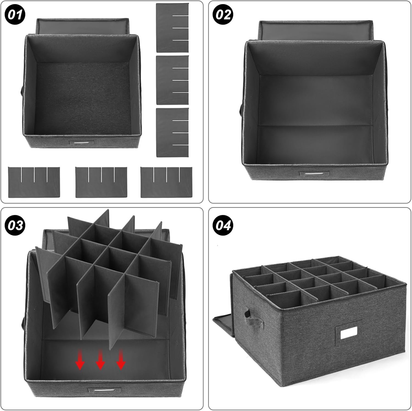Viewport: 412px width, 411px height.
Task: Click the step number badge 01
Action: pyautogui.click(x=15, y=14)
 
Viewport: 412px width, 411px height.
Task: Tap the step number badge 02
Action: pyautogui.click(x=223, y=14)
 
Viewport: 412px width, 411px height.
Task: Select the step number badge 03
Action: pyautogui.click(x=15, y=225)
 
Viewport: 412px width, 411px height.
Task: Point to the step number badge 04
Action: pyautogui.click(x=223, y=225)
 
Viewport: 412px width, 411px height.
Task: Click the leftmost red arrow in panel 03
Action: pyautogui.click(x=80, y=360)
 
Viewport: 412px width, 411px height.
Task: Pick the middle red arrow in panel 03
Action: pyautogui.click(x=100, y=360)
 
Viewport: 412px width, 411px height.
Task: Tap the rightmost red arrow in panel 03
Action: pyautogui.click(x=121, y=360)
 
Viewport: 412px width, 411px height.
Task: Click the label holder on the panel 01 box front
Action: pyautogui.click(x=81, y=143)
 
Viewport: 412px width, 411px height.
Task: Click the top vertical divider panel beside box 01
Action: pyautogui.click(x=172, y=28)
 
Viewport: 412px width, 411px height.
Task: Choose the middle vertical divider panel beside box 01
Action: pyautogui.click(x=172, y=80)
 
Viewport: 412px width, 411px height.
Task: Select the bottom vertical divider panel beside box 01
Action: pyautogui.click(x=172, y=133)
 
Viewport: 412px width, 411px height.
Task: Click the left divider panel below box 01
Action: pyautogui.click(x=34, y=182)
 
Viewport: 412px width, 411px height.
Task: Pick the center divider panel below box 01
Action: pyautogui.click(x=101, y=182)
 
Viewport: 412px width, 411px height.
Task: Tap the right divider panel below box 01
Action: pyautogui.click(x=166, y=182)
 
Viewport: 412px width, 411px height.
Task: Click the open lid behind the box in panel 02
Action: pyautogui.click(x=316, y=30)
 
